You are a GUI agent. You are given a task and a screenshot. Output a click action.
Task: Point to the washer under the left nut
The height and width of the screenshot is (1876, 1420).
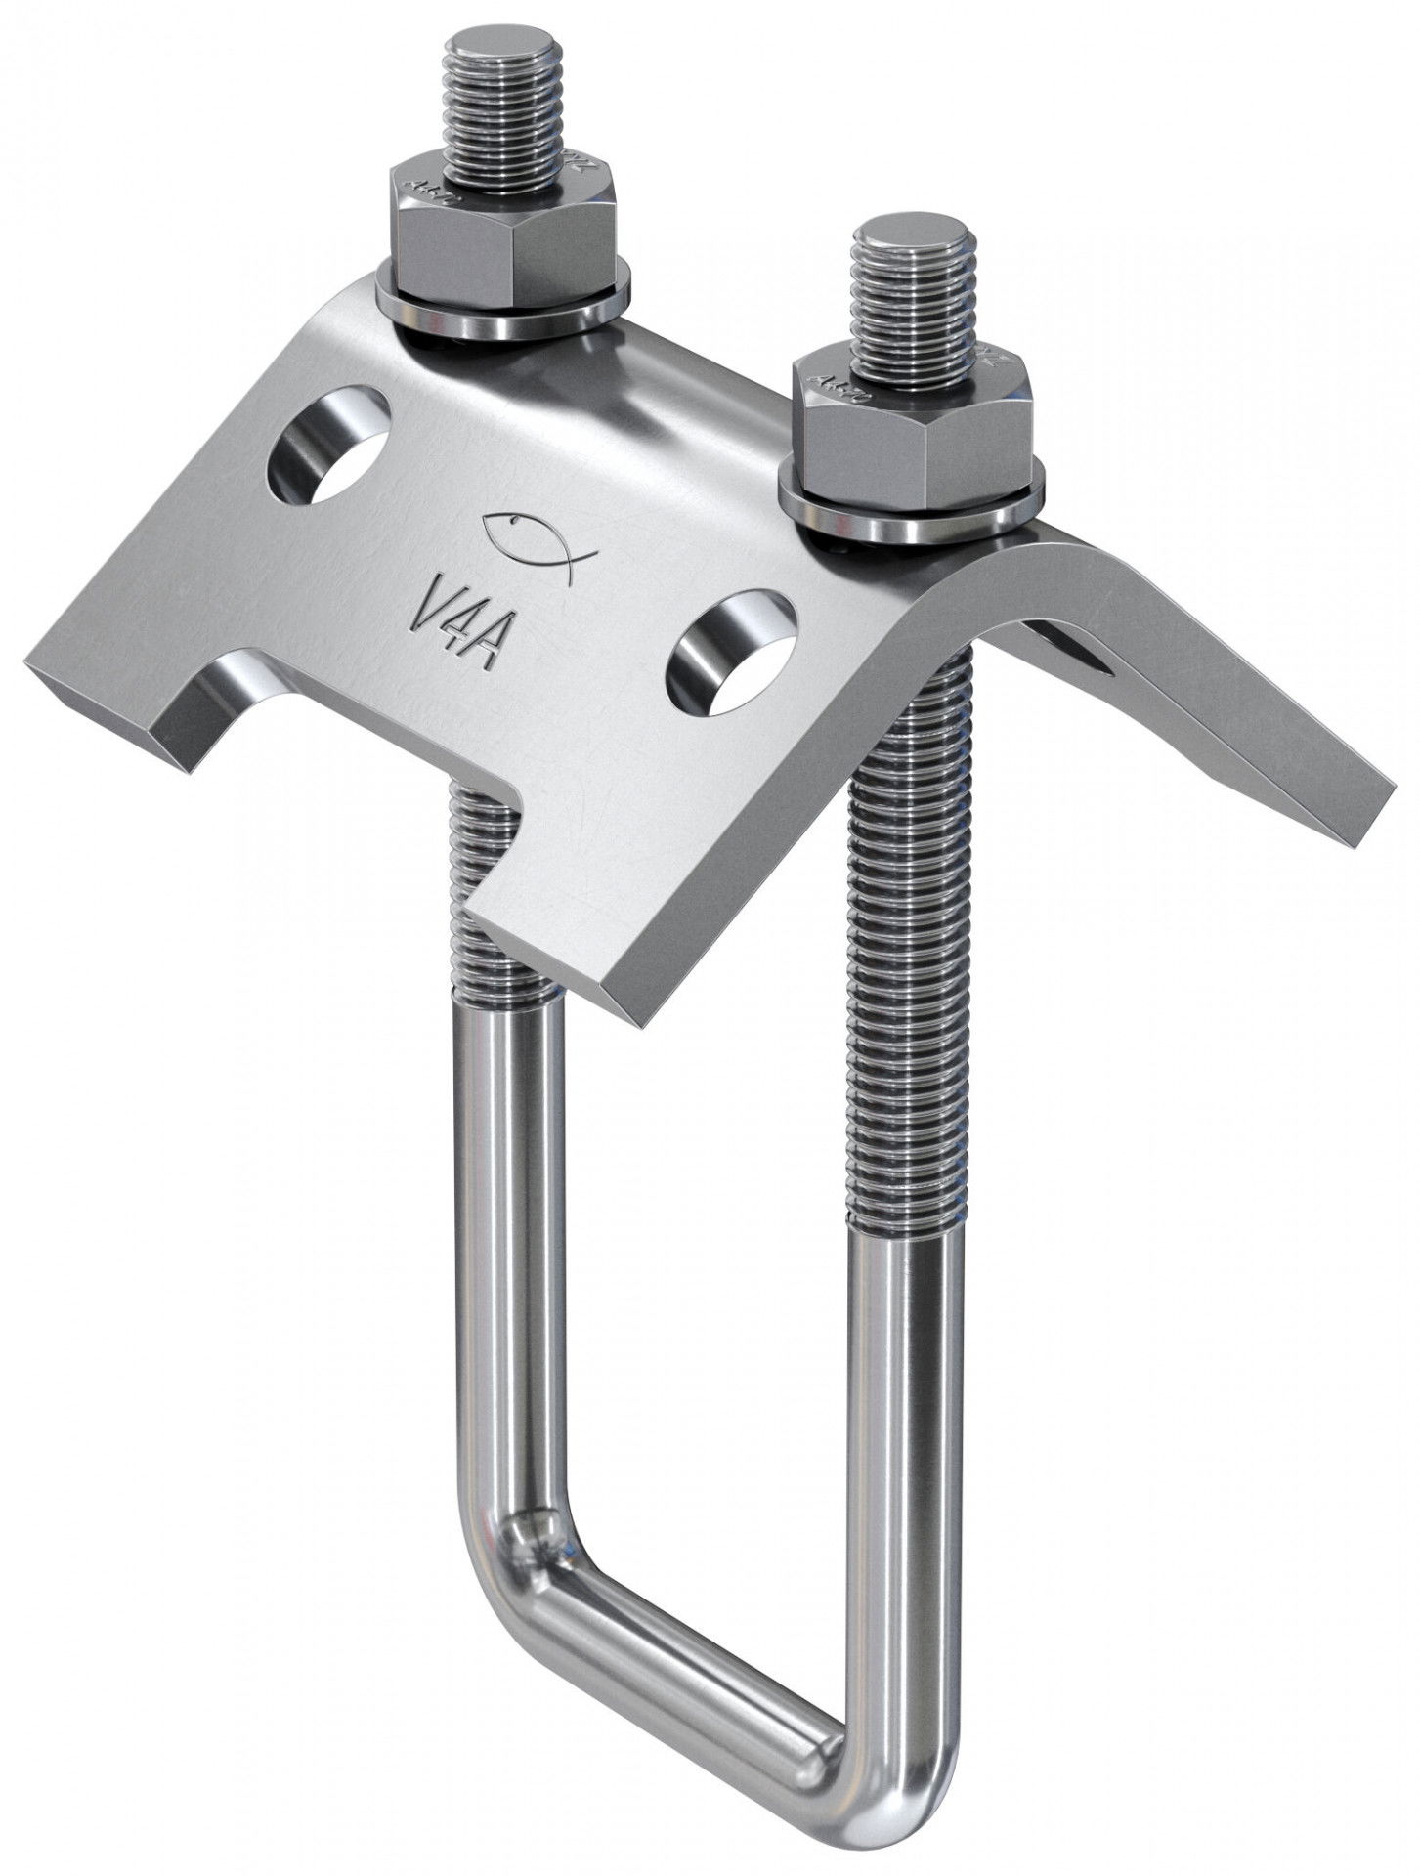tap(498, 313)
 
